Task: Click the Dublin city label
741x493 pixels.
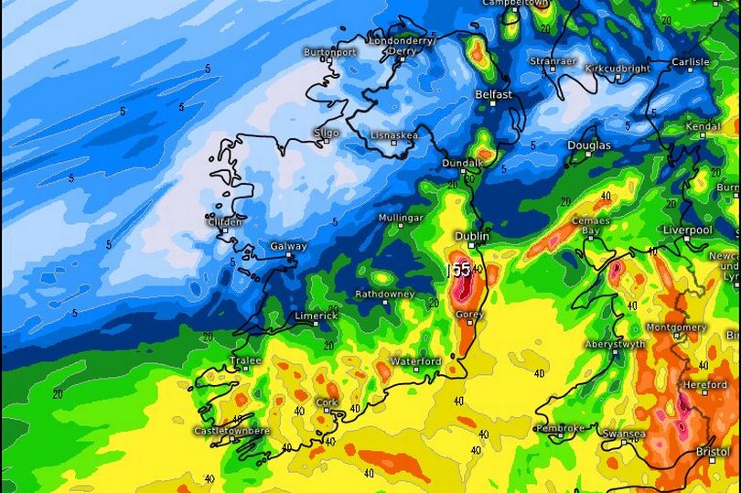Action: (x=472, y=234)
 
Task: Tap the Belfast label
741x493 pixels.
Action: (x=493, y=94)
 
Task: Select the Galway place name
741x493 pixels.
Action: (x=288, y=247)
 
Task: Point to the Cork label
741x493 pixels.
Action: (x=326, y=402)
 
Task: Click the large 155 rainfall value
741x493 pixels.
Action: (x=458, y=270)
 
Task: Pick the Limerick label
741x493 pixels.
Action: (x=316, y=316)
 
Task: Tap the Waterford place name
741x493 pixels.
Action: (x=415, y=361)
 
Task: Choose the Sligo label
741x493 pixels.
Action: (x=326, y=132)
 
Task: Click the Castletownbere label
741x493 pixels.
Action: (x=231, y=430)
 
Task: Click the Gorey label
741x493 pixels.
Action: (x=469, y=314)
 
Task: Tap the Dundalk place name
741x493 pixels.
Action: (x=462, y=163)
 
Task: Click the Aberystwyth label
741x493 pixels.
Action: (x=614, y=344)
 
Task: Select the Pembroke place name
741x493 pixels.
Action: (x=560, y=427)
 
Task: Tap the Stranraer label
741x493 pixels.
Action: (x=554, y=61)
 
